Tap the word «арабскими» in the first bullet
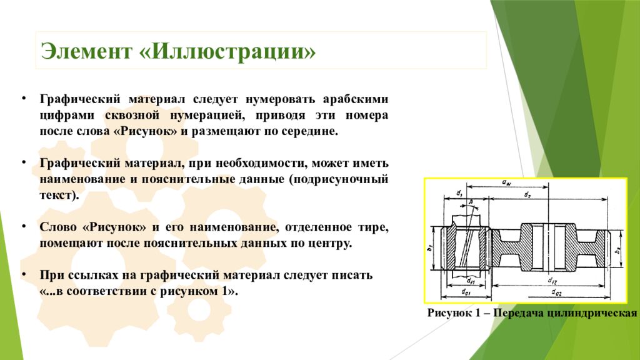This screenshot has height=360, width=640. [x=356, y=100]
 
